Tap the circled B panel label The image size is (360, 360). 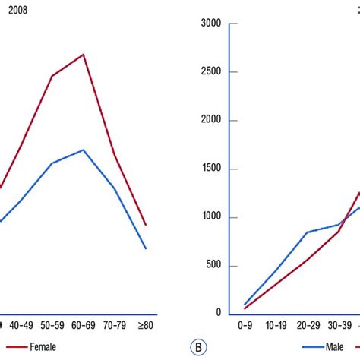[x=197, y=349]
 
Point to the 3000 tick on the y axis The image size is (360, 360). [x=210, y=24]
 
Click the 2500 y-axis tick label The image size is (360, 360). [x=210, y=72]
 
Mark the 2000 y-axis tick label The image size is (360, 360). [x=210, y=120]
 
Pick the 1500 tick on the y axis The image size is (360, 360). [x=210, y=169]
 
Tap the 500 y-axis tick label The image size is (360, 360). [x=213, y=265]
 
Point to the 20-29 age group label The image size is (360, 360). [x=308, y=325]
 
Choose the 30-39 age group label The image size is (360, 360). [x=339, y=325]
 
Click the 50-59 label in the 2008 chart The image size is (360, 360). [x=52, y=325]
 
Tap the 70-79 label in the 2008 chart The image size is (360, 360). [x=114, y=325]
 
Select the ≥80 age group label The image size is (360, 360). [x=145, y=325]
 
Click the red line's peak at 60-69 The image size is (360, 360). [x=84, y=55]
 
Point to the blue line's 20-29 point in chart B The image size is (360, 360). [x=308, y=232]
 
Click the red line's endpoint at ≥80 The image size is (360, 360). [x=146, y=225]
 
